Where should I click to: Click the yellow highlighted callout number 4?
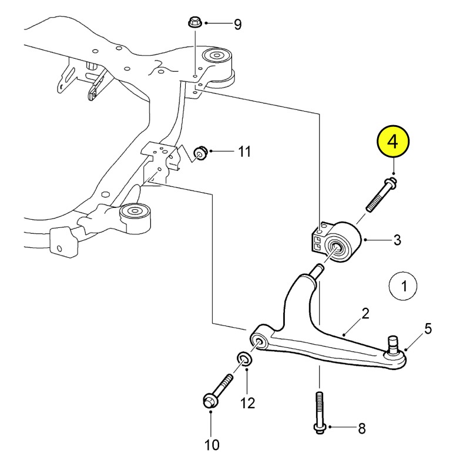pyautogui.click(x=392, y=141)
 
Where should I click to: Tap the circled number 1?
pyautogui.click(x=403, y=286)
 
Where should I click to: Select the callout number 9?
pyautogui.click(x=237, y=24)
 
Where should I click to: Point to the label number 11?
pyautogui.click(x=244, y=152)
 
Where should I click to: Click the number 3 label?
pyautogui.click(x=397, y=240)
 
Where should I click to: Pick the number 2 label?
pyautogui.click(x=365, y=314)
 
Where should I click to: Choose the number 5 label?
pyautogui.click(x=428, y=329)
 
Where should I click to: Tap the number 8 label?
pyautogui.click(x=362, y=429)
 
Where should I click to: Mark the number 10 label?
pyautogui.click(x=212, y=445)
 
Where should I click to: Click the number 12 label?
pyautogui.click(x=247, y=403)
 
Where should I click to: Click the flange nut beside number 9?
pyautogui.click(x=194, y=23)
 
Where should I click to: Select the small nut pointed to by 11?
pyautogui.click(x=200, y=153)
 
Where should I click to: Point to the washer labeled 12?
pyautogui.click(x=244, y=359)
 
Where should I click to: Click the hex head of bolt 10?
pyautogui.click(x=210, y=401)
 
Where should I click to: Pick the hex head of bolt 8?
pyautogui.click(x=319, y=428)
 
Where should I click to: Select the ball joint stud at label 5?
pyautogui.click(x=392, y=344)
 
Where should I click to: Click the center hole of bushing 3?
pyautogui.click(x=337, y=248)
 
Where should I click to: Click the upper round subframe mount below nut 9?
pyautogui.click(x=217, y=56)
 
